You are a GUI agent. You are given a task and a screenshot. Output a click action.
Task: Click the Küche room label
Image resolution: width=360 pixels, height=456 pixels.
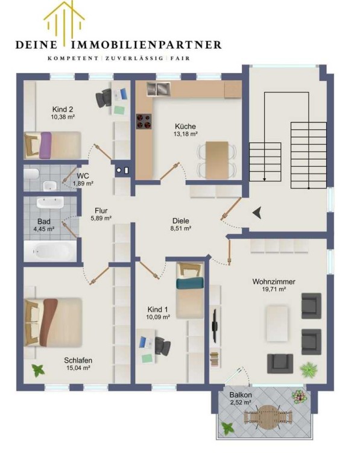point(185,126)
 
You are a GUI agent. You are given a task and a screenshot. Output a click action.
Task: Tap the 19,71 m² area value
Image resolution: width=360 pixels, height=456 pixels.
point(274,289)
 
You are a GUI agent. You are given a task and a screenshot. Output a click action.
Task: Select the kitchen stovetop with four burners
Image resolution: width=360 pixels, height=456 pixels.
point(144,121)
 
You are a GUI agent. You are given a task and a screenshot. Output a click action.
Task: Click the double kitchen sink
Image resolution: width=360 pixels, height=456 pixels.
point(158,89)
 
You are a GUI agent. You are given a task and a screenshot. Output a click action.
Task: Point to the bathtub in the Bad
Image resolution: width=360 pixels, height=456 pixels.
point(50,251)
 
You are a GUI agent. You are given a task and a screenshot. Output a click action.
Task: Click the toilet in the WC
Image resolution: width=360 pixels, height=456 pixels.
point(31,174)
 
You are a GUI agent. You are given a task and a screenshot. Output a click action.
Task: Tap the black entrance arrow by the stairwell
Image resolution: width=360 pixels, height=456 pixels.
point(257,213)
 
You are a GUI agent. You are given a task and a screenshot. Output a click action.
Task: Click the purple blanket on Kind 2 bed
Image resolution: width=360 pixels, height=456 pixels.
point(45,145)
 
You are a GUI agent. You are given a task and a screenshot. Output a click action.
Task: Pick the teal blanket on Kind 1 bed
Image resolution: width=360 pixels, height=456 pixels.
point(190,283)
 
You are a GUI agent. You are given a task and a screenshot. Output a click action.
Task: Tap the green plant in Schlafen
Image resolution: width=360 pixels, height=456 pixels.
point(38,370)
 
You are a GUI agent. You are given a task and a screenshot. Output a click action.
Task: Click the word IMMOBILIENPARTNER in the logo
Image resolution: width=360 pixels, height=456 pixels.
point(146,45)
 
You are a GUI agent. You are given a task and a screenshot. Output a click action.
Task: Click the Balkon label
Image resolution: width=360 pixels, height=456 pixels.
point(241,395)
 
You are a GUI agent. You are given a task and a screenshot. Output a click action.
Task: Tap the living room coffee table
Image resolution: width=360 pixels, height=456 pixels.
point(277,323)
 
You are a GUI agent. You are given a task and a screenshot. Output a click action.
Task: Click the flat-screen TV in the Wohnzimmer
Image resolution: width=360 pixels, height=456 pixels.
point(215,325)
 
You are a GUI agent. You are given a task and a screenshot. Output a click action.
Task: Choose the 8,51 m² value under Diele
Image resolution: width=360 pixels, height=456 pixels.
point(181,228)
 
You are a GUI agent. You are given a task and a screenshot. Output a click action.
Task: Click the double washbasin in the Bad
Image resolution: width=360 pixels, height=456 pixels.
point(50,202)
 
